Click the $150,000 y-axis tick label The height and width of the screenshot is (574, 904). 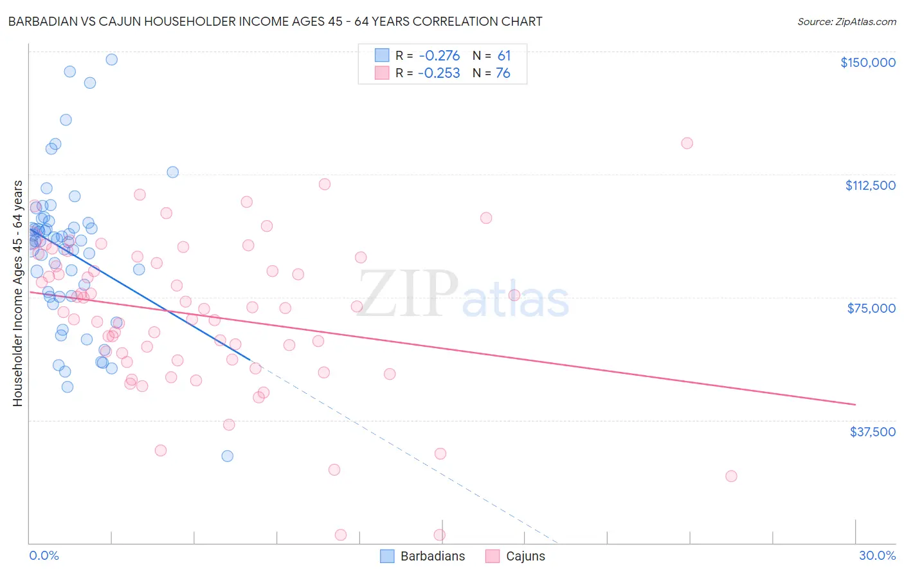click(867, 62)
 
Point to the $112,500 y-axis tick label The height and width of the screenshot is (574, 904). click(870, 185)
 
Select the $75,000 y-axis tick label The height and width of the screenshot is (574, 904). click(871, 308)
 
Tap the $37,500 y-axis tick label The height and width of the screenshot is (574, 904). click(872, 432)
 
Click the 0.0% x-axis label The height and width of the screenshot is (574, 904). click(44, 556)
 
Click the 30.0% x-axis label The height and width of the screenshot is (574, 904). click(877, 556)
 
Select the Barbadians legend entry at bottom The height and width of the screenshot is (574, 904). click(422, 557)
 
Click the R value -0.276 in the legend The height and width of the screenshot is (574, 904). click(439, 56)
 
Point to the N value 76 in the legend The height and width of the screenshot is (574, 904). click(503, 73)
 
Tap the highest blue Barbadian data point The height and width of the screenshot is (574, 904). click(111, 59)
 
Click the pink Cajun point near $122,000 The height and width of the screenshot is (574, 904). click(687, 143)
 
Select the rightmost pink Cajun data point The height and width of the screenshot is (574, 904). click(731, 476)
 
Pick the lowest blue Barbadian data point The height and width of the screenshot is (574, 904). click(227, 456)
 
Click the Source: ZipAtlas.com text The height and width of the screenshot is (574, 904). click(846, 22)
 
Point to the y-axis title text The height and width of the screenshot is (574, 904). click(18, 293)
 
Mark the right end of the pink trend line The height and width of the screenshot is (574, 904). click(855, 404)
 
